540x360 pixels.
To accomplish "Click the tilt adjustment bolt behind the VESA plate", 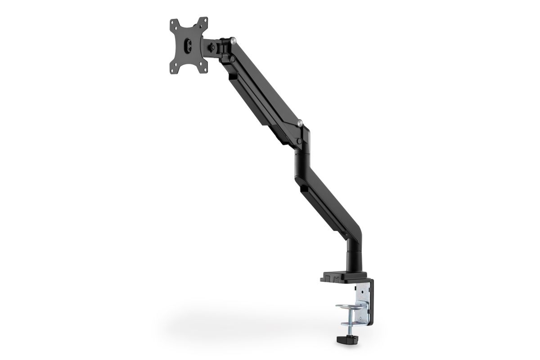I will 211,46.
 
